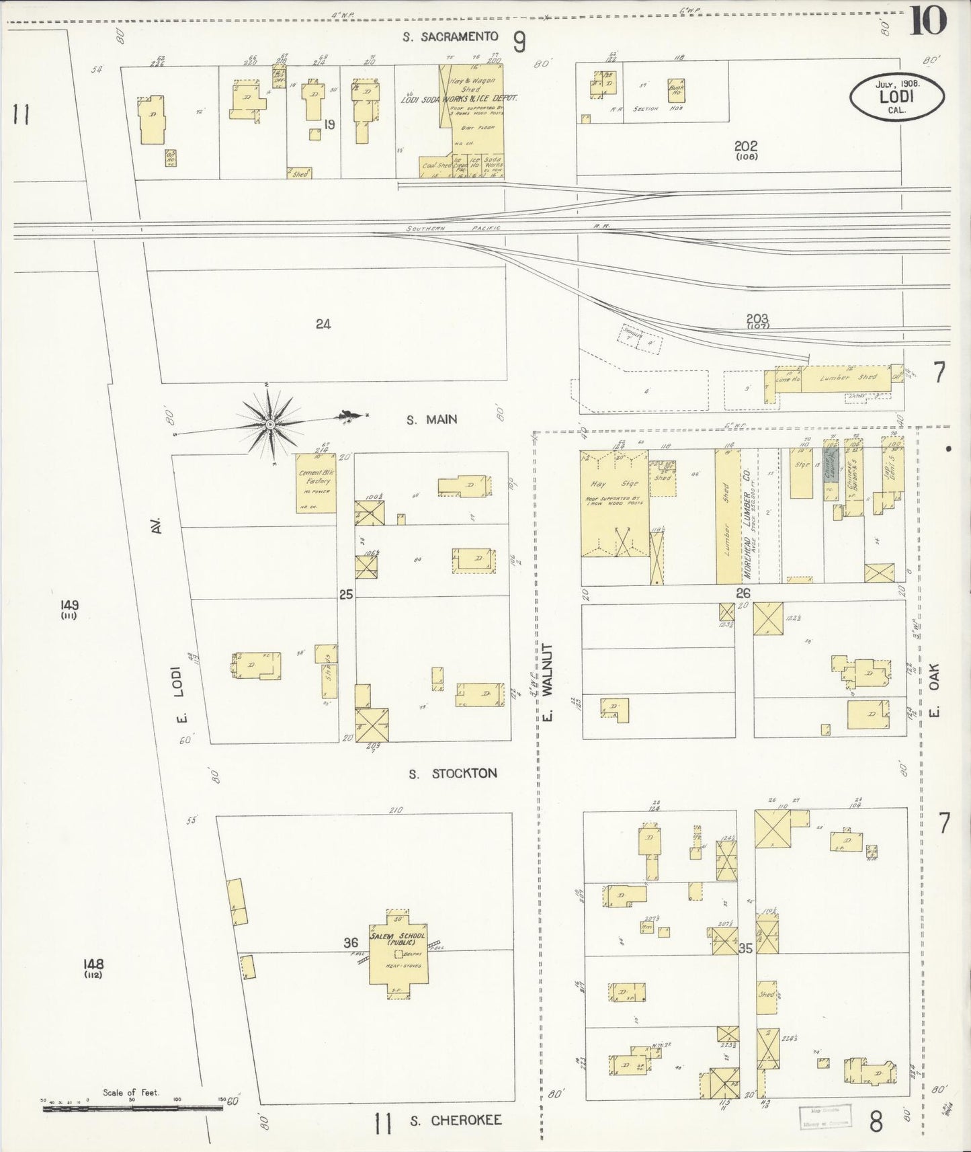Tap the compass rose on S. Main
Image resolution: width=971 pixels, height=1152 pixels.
[x=269, y=424]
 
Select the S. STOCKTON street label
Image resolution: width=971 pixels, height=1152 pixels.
[x=454, y=774]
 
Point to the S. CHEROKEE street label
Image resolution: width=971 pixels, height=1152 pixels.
[x=456, y=1120]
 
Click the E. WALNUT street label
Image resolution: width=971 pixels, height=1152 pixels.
[x=548, y=683]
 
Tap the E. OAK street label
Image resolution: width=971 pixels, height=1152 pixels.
[x=935, y=690]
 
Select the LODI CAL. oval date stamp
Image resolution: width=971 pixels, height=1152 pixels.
[x=897, y=95]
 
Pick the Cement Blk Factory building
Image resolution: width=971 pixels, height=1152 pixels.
[x=316, y=483]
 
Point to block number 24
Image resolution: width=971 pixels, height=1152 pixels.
[x=323, y=324]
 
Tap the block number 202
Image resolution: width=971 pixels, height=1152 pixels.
[x=746, y=146]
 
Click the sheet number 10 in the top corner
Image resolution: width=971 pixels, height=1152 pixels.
[x=928, y=20]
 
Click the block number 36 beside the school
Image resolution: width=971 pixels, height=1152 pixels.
[x=351, y=943]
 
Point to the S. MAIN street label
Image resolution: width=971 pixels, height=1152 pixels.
[x=431, y=419]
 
